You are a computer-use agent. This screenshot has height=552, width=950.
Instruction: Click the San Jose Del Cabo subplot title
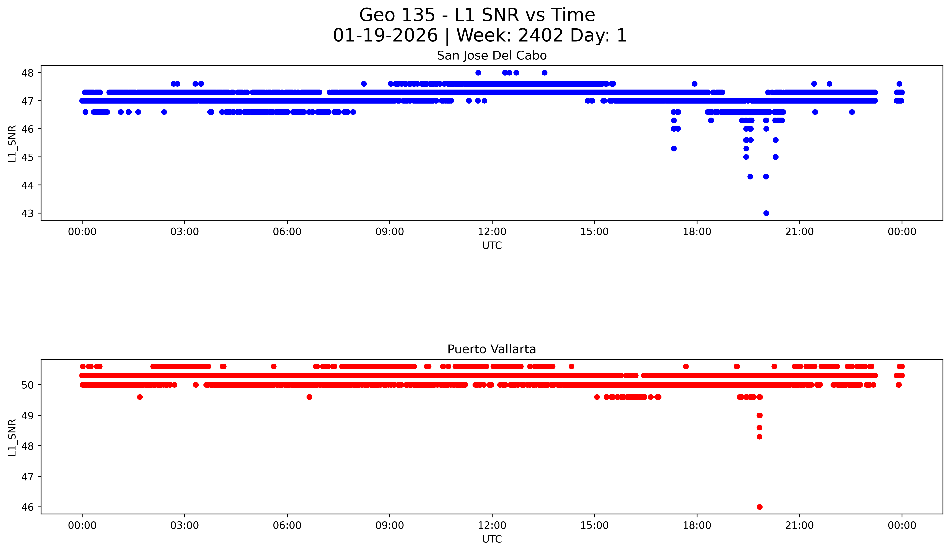pos(492,56)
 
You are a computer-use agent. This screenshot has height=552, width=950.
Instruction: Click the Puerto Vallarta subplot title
pos(492,349)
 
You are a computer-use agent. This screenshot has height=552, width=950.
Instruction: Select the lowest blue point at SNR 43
pos(766,213)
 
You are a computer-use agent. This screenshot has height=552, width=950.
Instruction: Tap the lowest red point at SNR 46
pos(760,507)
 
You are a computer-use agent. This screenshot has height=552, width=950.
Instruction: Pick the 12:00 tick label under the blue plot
pos(492,232)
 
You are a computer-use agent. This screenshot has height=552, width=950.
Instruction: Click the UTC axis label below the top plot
pos(492,246)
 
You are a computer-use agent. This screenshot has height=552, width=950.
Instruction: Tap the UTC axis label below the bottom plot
pos(492,539)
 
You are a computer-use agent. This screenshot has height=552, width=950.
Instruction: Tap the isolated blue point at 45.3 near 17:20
pos(674,149)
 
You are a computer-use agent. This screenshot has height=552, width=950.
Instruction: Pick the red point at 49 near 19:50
pos(760,416)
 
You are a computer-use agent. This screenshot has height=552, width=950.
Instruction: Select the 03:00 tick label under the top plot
pos(185,232)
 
